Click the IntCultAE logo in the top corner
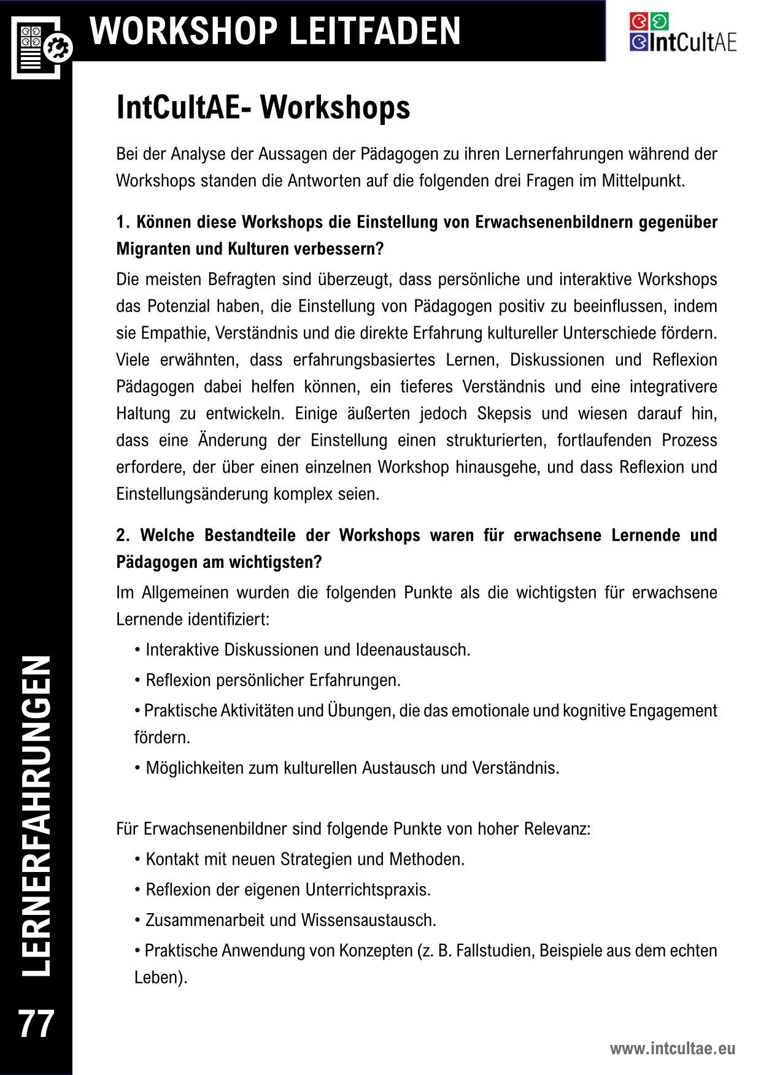682,33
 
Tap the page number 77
37,1023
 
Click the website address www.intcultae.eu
672,1049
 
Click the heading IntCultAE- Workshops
263,108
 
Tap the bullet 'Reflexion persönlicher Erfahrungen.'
272,680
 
